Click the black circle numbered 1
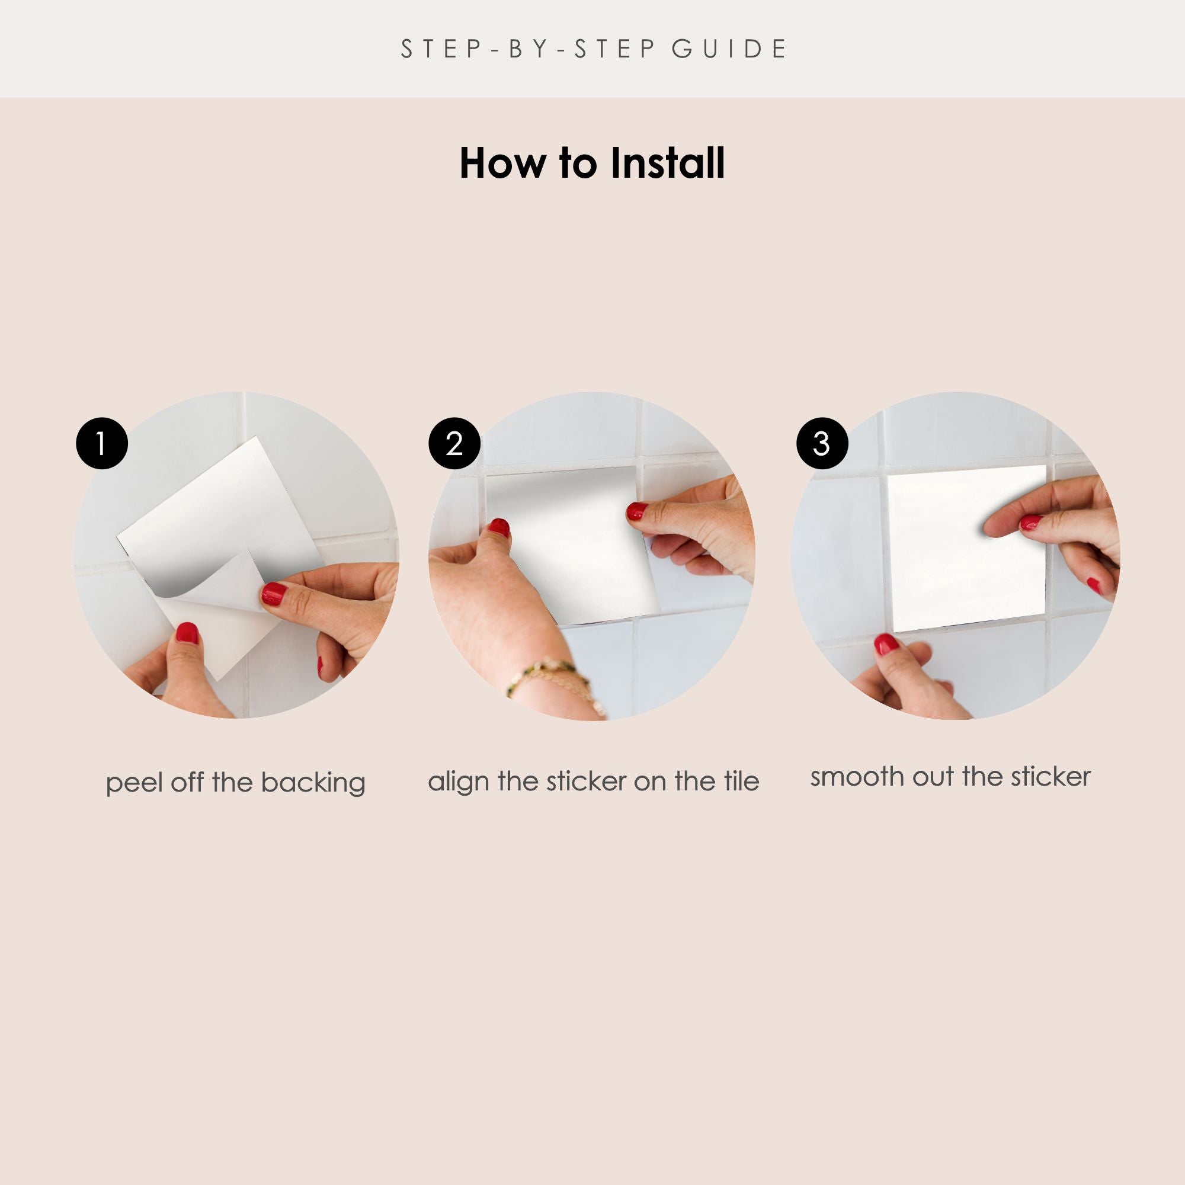(x=102, y=443)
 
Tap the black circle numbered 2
(x=454, y=443)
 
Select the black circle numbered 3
(x=822, y=443)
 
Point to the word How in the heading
(x=502, y=164)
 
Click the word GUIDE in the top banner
(x=729, y=49)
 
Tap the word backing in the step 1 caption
(x=313, y=783)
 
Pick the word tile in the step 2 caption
(x=742, y=781)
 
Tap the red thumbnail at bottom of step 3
(x=885, y=645)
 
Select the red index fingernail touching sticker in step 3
(x=1030, y=523)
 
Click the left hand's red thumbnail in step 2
(x=499, y=528)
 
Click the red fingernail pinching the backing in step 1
(x=274, y=594)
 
